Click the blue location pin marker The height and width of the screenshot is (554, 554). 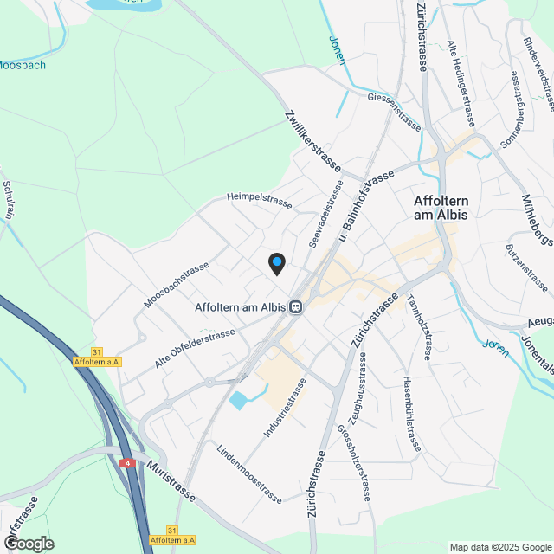coord(276,263)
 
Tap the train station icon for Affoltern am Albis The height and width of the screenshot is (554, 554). coord(296,306)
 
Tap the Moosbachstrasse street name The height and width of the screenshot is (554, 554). coord(177,285)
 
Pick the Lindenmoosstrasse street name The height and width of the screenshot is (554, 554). coord(249,473)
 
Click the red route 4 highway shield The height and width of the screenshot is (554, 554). coord(128,463)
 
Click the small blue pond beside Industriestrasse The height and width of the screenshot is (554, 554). coord(238,401)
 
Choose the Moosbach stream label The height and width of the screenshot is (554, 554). coord(23,65)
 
